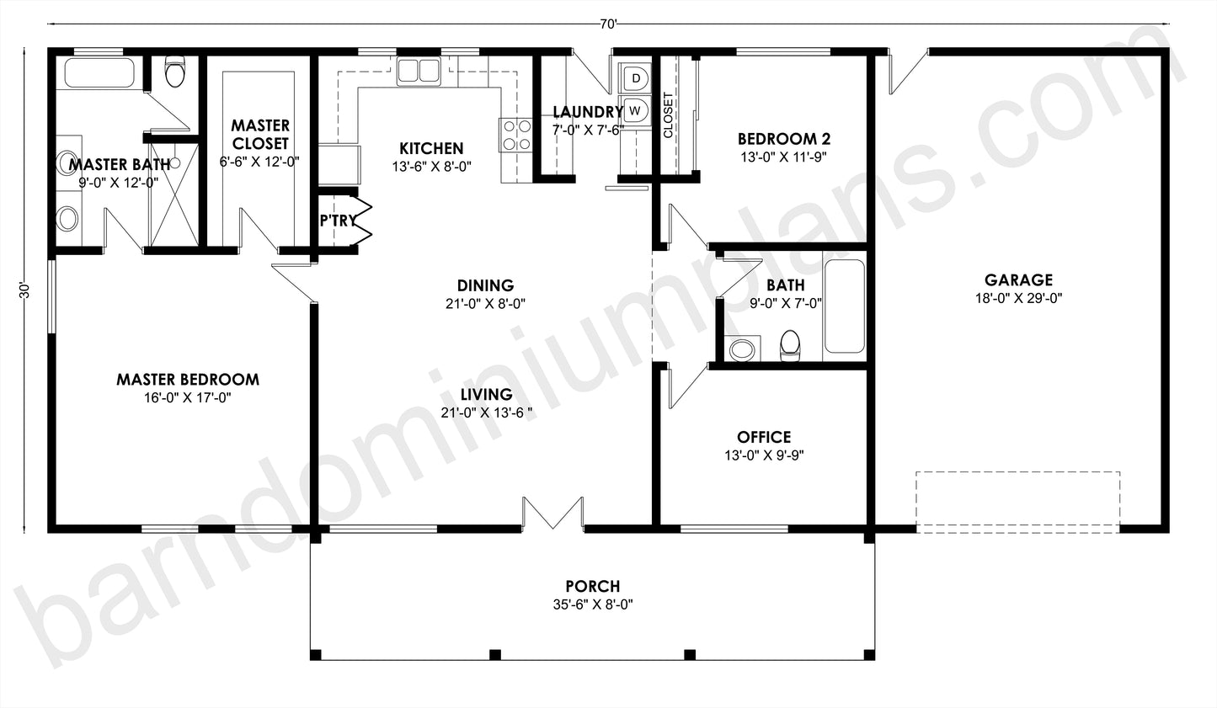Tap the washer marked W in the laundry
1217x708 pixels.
(636, 110)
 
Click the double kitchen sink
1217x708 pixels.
(419, 71)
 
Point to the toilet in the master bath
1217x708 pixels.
(175, 73)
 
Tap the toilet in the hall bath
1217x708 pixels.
(790, 346)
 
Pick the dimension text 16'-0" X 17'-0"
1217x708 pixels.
(187, 397)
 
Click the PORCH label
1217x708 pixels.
(592, 586)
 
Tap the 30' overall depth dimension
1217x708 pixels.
(25, 291)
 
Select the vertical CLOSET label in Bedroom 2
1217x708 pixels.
(668, 114)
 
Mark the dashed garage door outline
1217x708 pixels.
(1018, 502)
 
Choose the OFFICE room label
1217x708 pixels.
(763, 437)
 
